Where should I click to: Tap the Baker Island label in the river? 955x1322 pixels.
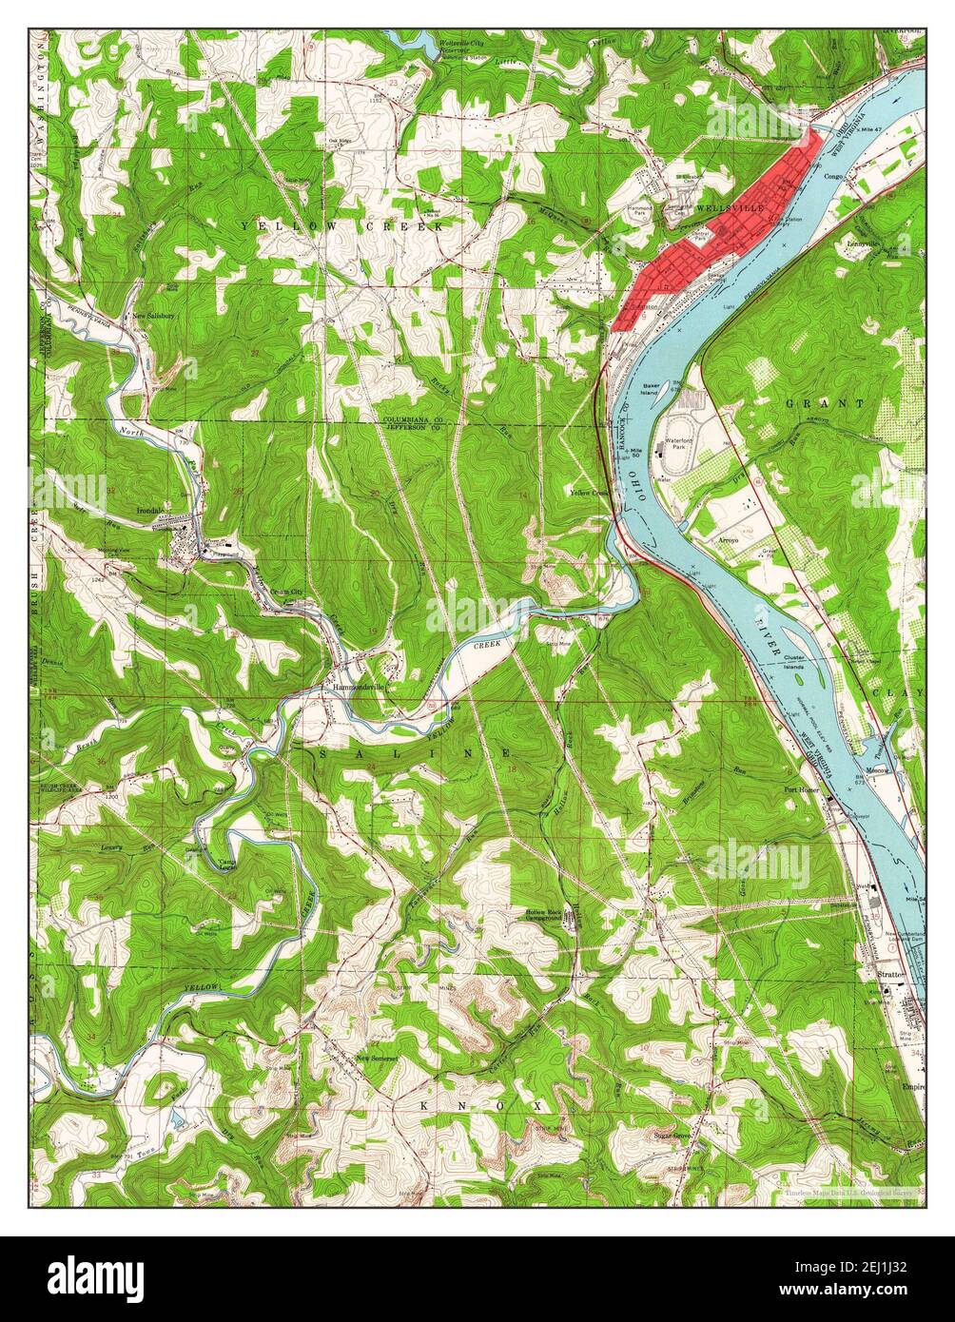677,383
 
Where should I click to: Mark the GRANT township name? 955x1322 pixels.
826,403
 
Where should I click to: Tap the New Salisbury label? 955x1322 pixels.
158,315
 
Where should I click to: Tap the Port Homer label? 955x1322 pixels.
801,788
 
